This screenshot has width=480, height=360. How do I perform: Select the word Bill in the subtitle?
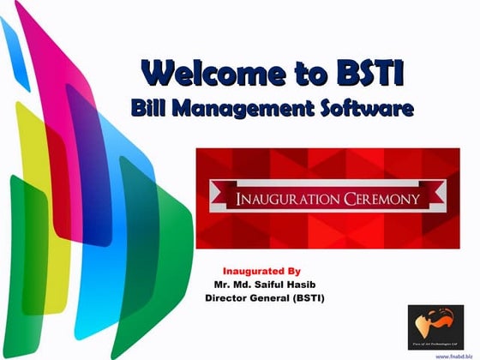point(152,109)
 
